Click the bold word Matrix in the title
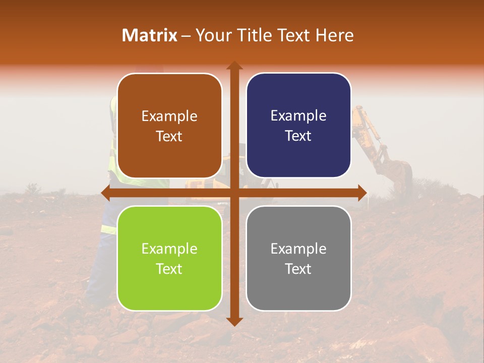point(150,35)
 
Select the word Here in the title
point(335,35)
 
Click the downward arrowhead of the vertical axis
point(234,321)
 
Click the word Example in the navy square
point(298,116)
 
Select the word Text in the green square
point(169,269)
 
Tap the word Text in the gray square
point(298,269)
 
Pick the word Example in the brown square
point(169,116)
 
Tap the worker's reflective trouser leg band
point(109,229)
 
